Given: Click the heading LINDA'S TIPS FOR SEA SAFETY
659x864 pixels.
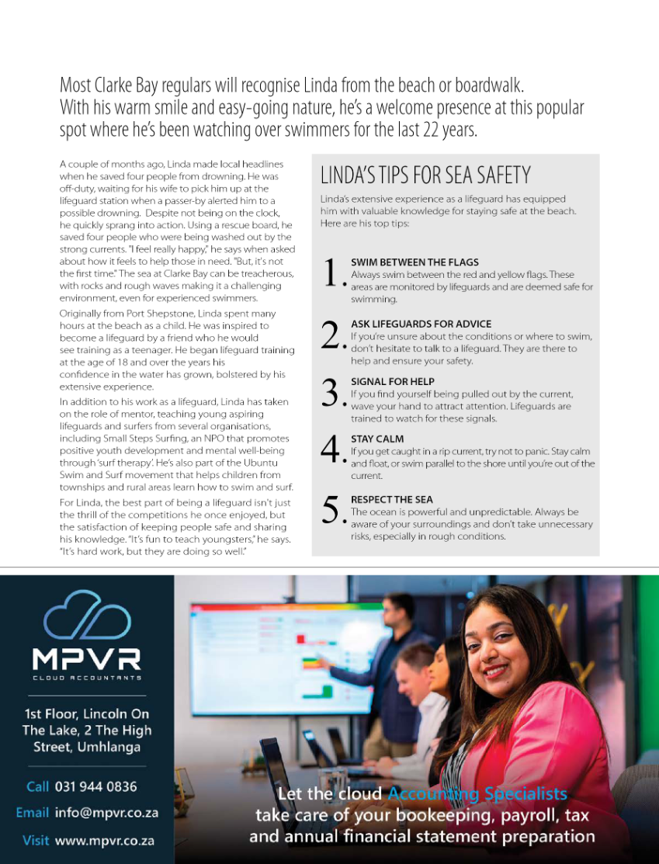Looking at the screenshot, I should point(425,175).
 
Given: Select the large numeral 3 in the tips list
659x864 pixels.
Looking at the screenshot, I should point(331,392).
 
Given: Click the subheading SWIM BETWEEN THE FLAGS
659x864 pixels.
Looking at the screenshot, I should point(414,262).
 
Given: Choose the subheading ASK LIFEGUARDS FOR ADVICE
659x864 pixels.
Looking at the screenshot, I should point(421,324).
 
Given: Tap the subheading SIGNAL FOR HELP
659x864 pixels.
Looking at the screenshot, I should point(393,382).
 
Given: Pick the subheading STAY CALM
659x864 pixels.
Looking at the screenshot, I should point(377,439).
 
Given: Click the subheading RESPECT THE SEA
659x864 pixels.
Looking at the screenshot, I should point(392,499).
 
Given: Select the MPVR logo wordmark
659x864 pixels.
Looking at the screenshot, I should point(86,659).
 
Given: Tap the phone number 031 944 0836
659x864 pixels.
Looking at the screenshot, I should point(95,786).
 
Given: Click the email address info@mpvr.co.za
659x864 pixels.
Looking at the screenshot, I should point(106,813).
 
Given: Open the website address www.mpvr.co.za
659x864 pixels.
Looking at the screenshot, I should point(104,840).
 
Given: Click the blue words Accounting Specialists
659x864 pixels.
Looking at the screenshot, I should point(477,794).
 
